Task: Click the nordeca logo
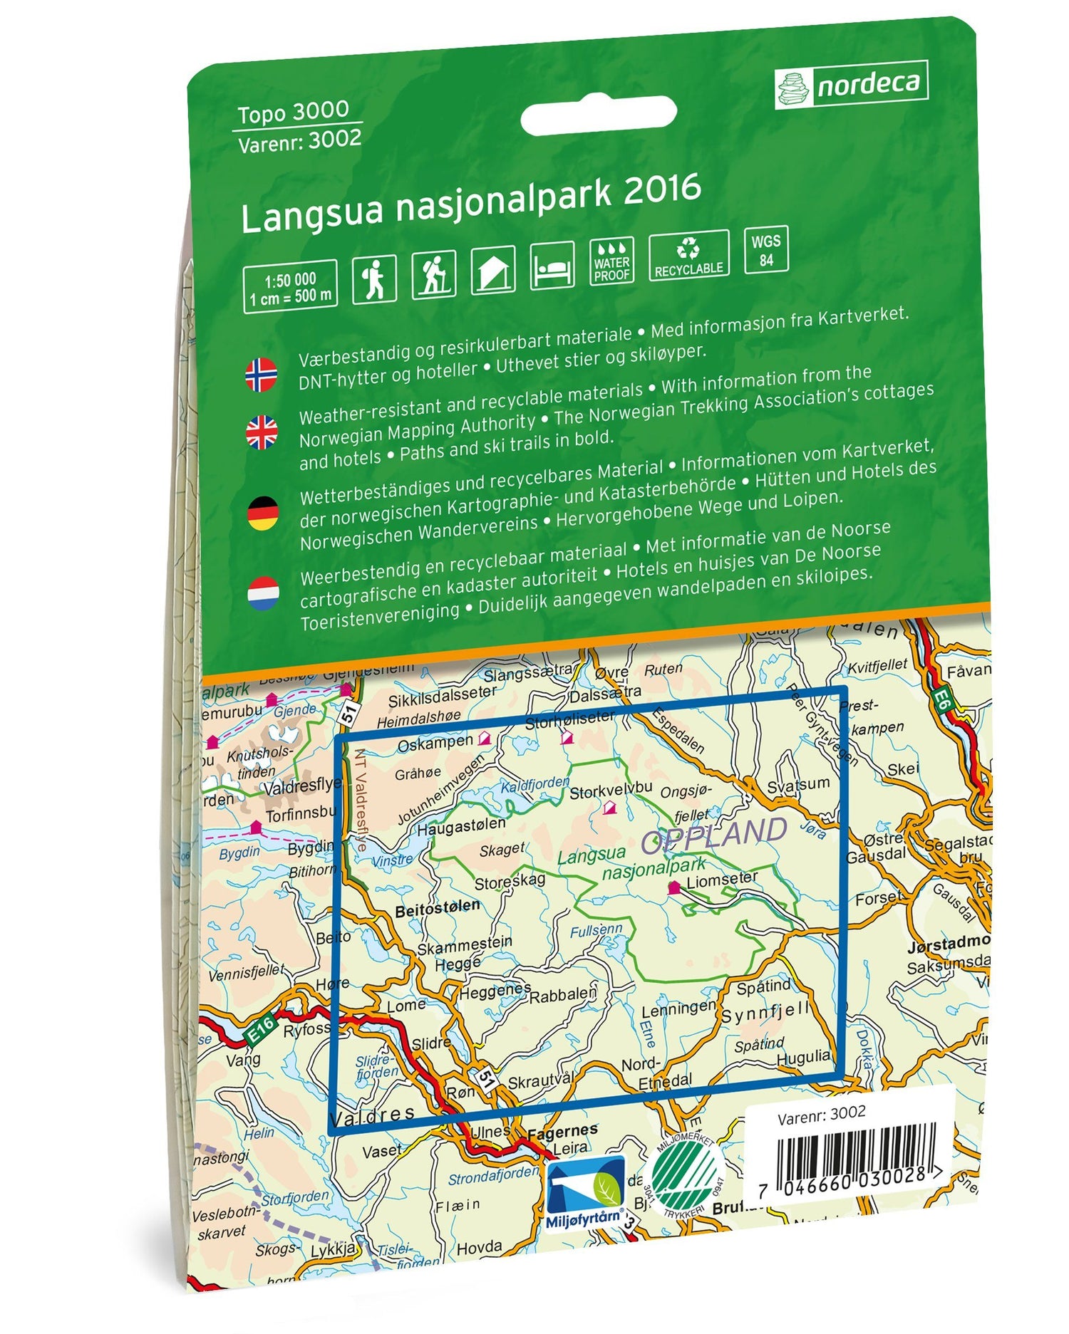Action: pyautogui.click(x=851, y=85)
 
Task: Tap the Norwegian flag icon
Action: pyautogui.click(x=262, y=375)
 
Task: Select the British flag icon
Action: pyautogui.click(x=262, y=432)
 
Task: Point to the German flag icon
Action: pyautogui.click(x=262, y=513)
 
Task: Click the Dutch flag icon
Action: pyautogui.click(x=262, y=593)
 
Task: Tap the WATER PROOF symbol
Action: pyautogui.click(x=611, y=261)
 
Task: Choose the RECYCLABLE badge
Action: pyautogui.click(x=688, y=256)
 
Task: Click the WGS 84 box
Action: pyautogui.click(x=766, y=250)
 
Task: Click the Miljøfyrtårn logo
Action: pyautogui.click(x=585, y=1192)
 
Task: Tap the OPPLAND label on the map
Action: pyautogui.click(x=714, y=835)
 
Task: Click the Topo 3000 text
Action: pyautogui.click(x=293, y=113)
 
